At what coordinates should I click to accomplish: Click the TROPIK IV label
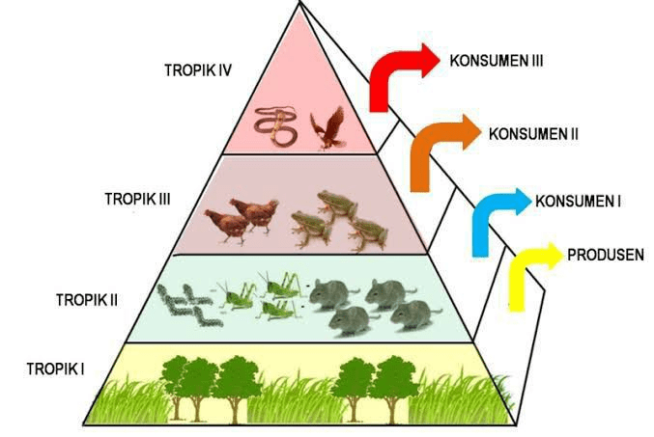coord(198,70)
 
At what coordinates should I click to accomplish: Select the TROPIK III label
coord(137,199)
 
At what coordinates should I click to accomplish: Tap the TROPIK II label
coord(87,299)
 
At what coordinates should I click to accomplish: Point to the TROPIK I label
coord(56,369)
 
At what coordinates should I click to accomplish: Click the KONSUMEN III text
coord(497,61)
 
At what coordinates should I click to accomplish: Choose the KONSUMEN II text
coord(533,134)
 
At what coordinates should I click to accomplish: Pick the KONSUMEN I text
coord(578,202)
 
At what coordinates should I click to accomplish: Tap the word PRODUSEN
coord(606,255)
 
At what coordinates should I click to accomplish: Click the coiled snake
coord(275,127)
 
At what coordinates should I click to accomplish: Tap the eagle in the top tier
coord(329,128)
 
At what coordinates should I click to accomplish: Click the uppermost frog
coord(337,205)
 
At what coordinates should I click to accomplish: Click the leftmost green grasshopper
coord(237,296)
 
